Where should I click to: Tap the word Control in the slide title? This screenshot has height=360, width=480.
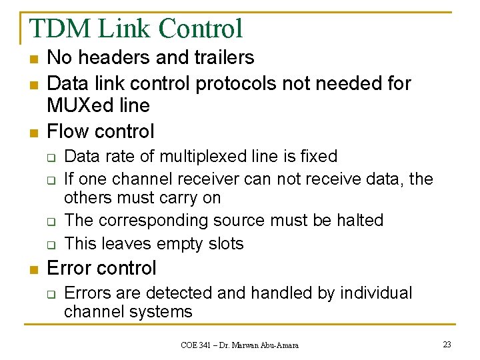point(201,29)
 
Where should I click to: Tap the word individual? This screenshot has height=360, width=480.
point(376,293)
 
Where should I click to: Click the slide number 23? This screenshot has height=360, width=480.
point(446,345)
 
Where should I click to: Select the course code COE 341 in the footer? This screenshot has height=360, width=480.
point(198,345)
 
